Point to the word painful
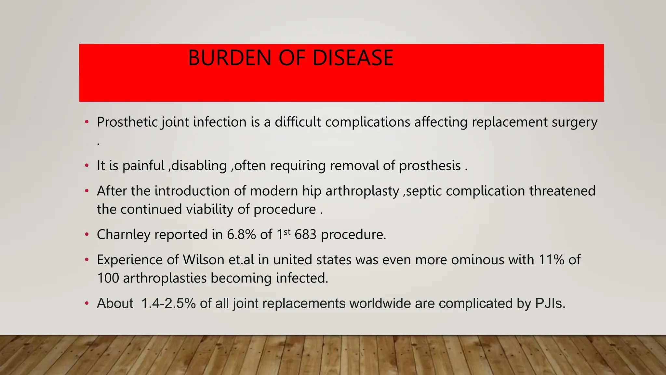coord(143,166)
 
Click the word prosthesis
coord(430,166)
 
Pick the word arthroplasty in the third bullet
coord(362,191)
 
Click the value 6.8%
coord(241,234)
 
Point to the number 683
coord(305,234)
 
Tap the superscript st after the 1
coord(287,232)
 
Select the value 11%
coord(551,260)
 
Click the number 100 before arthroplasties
coord(108,278)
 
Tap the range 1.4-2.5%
coord(168,303)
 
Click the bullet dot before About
coord(87,303)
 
